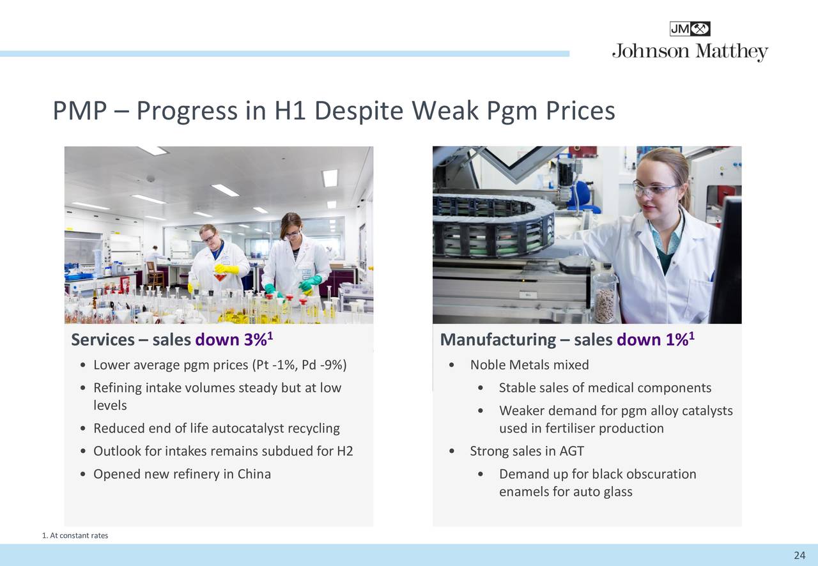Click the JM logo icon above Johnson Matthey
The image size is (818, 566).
pyautogui.click(x=690, y=29)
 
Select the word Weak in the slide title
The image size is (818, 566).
pyautogui.click(x=444, y=111)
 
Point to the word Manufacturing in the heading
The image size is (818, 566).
pyautogui.click(x=498, y=340)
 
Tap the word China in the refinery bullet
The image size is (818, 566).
pyautogui.click(x=254, y=474)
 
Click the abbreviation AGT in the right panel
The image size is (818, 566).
pyautogui.click(x=571, y=451)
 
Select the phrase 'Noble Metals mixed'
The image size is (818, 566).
pyautogui.click(x=529, y=365)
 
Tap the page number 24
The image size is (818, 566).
pyautogui.click(x=799, y=555)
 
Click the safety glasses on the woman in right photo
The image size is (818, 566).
pyautogui.click(x=656, y=188)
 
